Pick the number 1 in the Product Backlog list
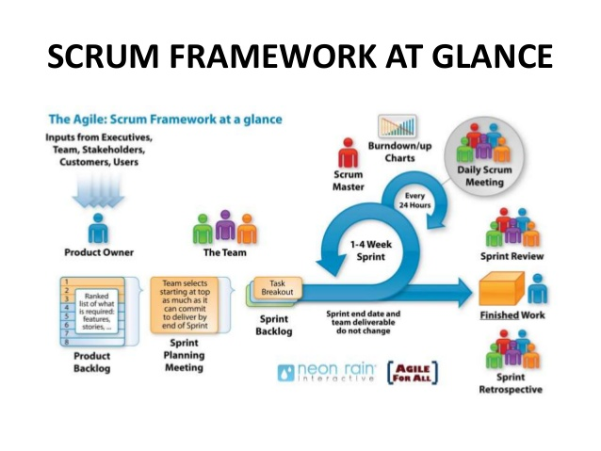tap(67, 282)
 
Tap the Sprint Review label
tap(512, 256)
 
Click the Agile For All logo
tap(417, 371)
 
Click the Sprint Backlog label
tap(274, 325)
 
